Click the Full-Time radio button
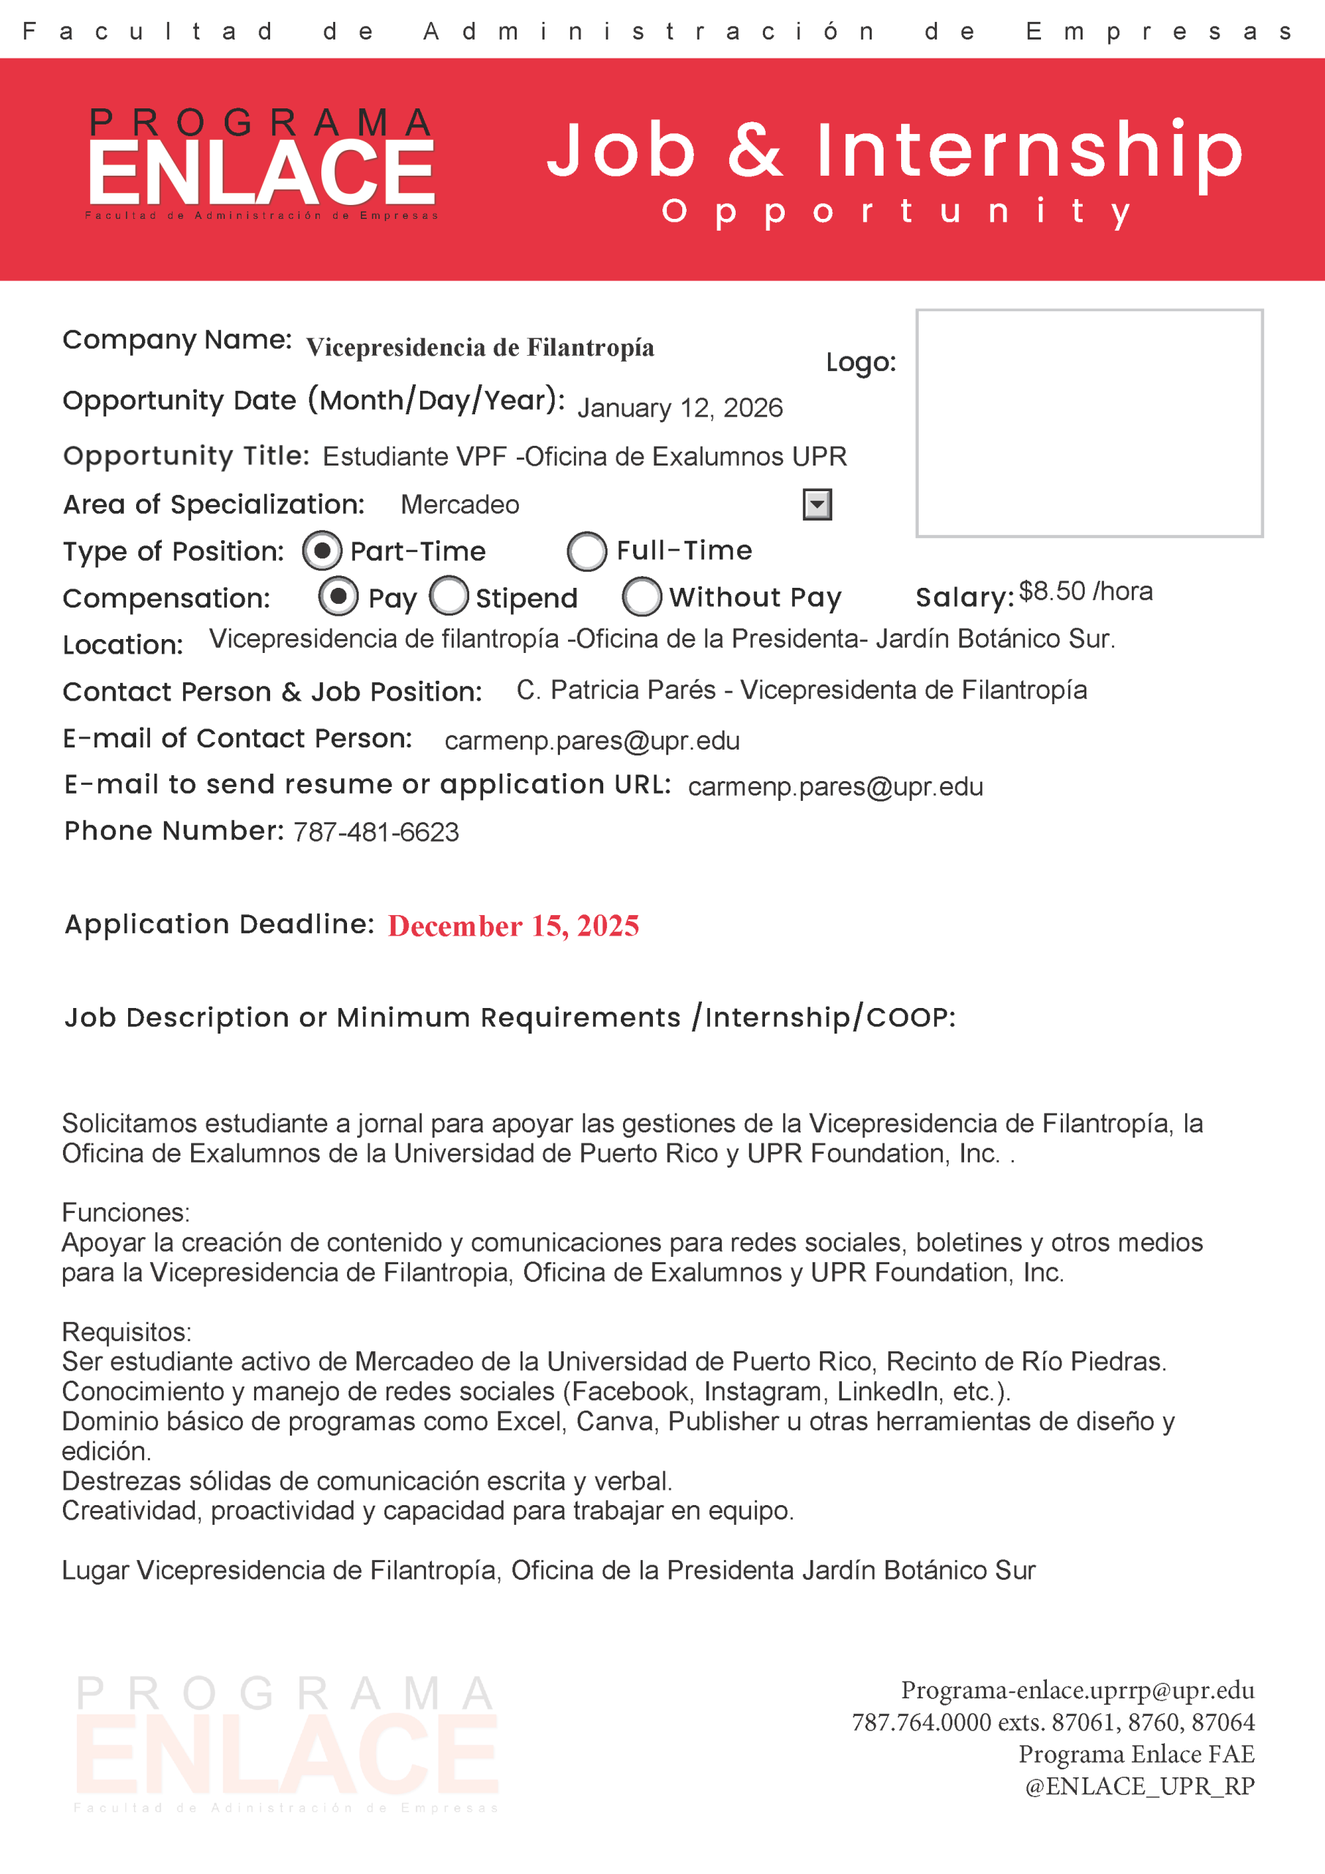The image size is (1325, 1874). pyautogui.click(x=586, y=551)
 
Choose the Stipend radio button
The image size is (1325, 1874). pyautogui.click(x=448, y=596)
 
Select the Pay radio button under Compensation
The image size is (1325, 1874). pyautogui.click(x=338, y=596)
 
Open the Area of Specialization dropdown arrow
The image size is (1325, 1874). pyautogui.click(x=816, y=504)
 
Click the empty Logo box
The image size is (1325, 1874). pyautogui.click(x=1089, y=423)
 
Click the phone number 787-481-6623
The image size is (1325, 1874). pyautogui.click(x=376, y=832)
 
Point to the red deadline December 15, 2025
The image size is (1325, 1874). pyautogui.click(x=512, y=925)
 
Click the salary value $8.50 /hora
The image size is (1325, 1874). pyautogui.click(x=1085, y=591)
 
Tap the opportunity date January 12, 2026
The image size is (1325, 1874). pyautogui.click(x=679, y=407)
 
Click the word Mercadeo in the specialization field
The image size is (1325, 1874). pyautogui.click(x=460, y=505)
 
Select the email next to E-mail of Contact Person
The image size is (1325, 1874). pyautogui.click(x=592, y=740)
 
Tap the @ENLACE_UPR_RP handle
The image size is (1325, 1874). pyautogui.click(x=1139, y=1786)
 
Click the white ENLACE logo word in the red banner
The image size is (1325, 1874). pyautogui.click(x=261, y=173)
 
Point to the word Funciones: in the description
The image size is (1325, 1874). pyautogui.click(x=126, y=1212)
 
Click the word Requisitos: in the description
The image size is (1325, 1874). pyautogui.click(x=127, y=1332)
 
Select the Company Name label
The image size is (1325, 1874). pyautogui.click(x=177, y=340)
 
